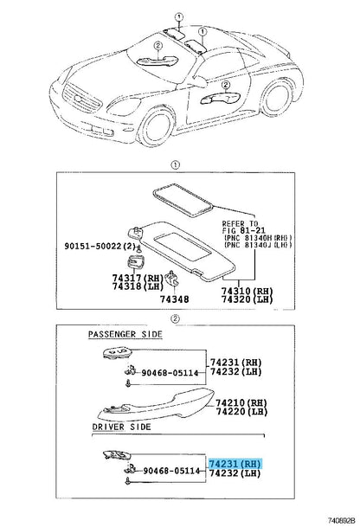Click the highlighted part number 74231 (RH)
[235, 464]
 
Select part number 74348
[174, 299]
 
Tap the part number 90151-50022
[93, 246]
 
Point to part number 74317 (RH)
[137, 278]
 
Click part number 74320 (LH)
[247, 299]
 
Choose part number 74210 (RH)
[241, 402]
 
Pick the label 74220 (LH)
[241, 411]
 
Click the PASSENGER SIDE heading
[125, 334]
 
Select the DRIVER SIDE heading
[122, 427]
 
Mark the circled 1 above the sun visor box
[176, 165]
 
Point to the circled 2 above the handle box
[176, 318]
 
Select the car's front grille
[81, 98]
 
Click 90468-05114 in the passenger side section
[170, 372]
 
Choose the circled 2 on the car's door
[225, 85]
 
